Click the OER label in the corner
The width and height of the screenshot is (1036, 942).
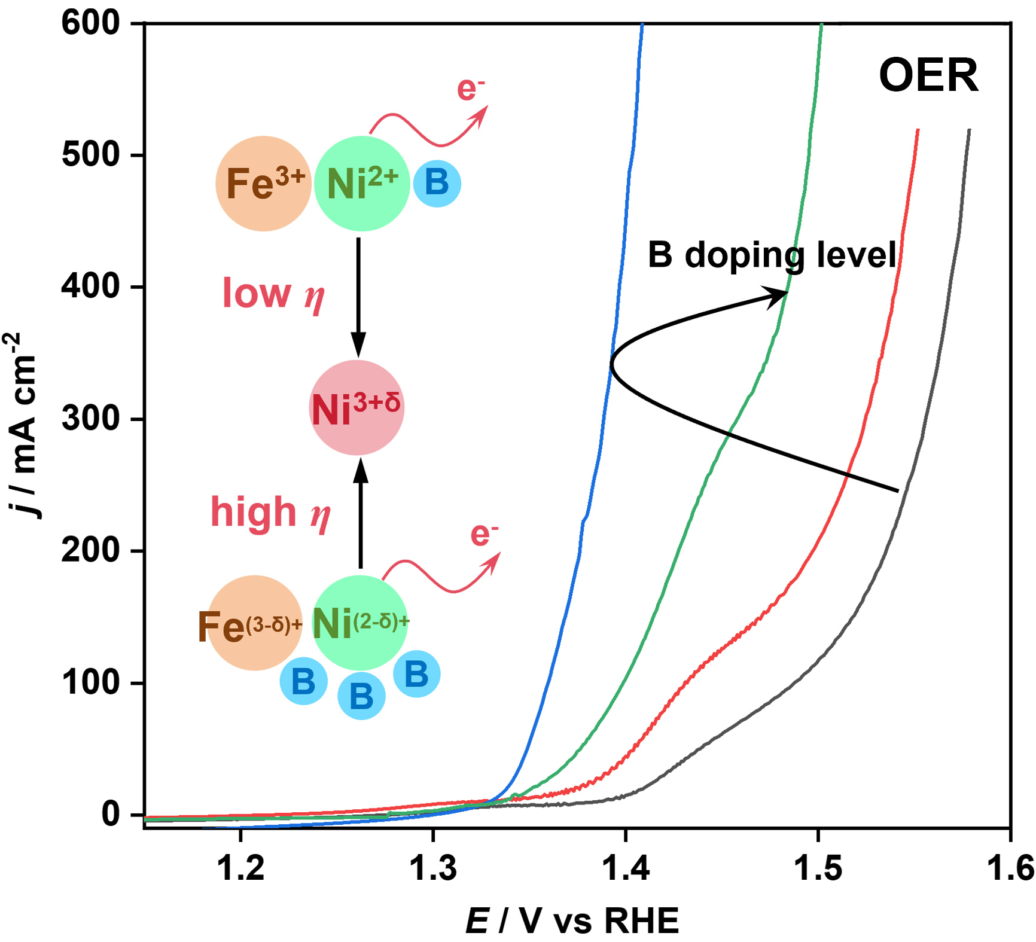[x=928, y=76]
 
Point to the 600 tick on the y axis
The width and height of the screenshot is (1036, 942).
[x=91, y=23]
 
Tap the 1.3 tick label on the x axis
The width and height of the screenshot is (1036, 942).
[x=432, y=868]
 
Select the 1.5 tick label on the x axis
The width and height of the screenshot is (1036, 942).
[x=818, y=868]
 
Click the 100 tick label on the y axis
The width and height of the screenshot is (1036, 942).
[x=91, y=682]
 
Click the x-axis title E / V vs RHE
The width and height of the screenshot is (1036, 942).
[x=572, y=920]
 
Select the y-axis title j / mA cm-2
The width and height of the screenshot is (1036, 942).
[x=23, y=425]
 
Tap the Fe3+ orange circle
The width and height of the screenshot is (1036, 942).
[x=264, y=183]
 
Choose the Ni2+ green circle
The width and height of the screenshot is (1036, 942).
[x=362, y=183]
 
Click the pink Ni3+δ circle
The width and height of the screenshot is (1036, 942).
[x=357, y=408]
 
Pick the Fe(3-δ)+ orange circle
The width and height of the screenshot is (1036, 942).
[x=255, y=623]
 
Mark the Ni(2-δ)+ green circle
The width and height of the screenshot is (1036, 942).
[x=360, y=623]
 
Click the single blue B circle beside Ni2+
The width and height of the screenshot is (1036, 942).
[x=437, y=183]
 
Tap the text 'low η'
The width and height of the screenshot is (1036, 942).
[x=273, y=294]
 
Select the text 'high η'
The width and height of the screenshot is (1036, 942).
[x=270, y=513]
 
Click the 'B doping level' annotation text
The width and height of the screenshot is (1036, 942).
[x=772, y=255]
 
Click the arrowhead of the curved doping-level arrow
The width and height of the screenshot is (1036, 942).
[x=779, y=295]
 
